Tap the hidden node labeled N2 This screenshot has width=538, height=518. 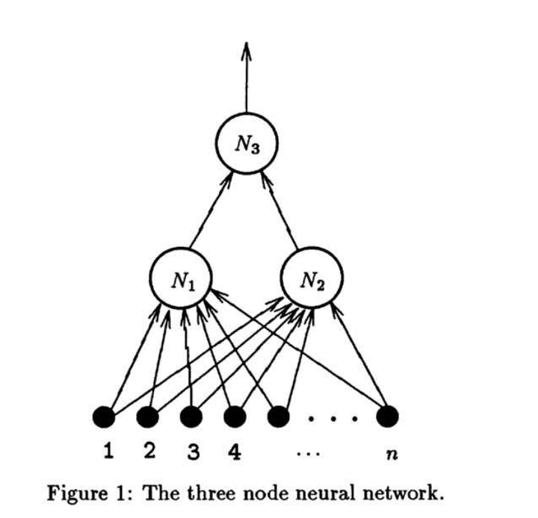pyautogui.click(x=312, y=281)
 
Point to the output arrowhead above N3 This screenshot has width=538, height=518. pyautogui.click(x=245, y=51)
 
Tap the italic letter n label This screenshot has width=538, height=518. pyautogui.click(x=388, y=455)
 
